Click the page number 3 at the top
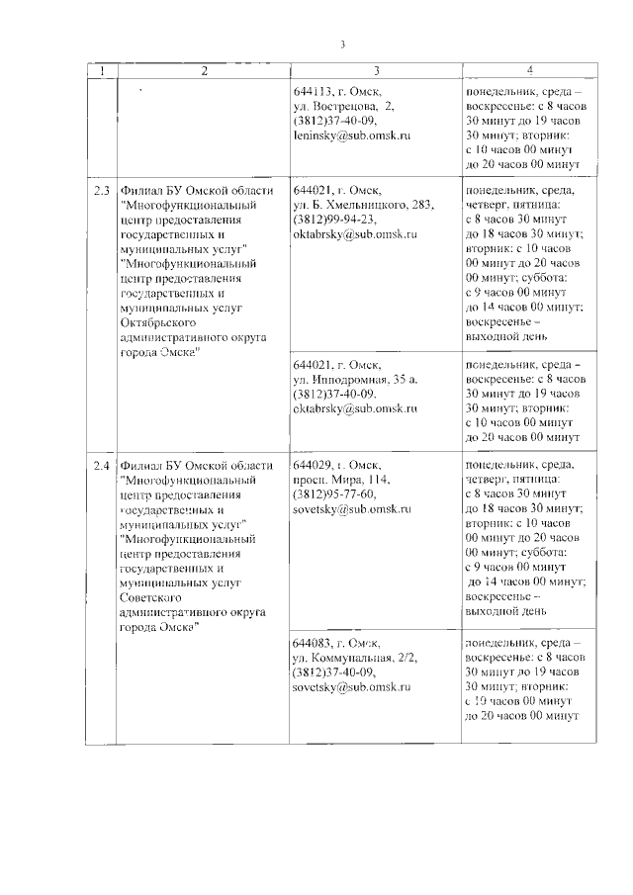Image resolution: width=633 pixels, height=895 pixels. (341, 45)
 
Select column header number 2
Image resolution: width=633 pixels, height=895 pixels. (203, 70)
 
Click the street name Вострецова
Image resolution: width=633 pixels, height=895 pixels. (348, 105)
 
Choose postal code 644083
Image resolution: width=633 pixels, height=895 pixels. (315, 642)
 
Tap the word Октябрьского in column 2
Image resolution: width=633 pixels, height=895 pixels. (160, 322)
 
